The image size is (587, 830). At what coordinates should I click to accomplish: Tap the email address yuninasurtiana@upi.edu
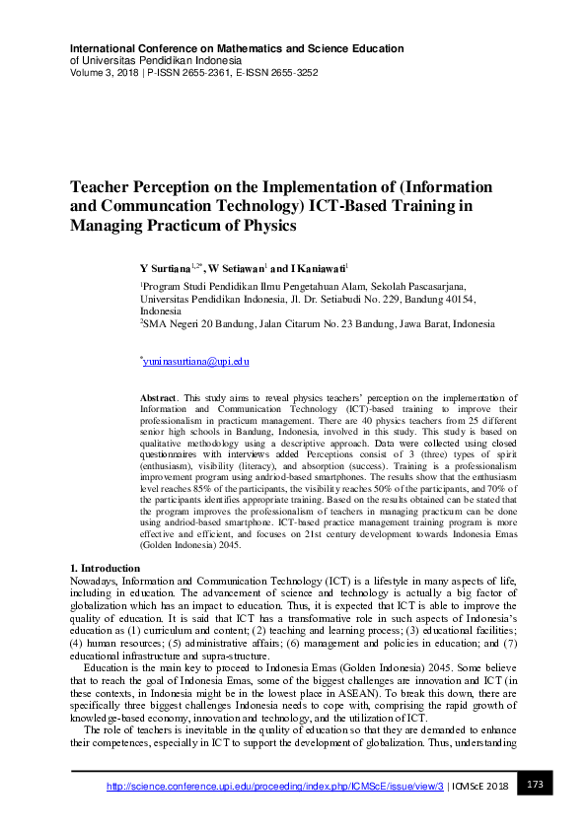195,362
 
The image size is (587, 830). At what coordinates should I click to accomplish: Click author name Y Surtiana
166,267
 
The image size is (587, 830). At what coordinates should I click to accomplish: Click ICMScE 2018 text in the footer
482,786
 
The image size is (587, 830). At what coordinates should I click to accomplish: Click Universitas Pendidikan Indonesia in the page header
152,60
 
